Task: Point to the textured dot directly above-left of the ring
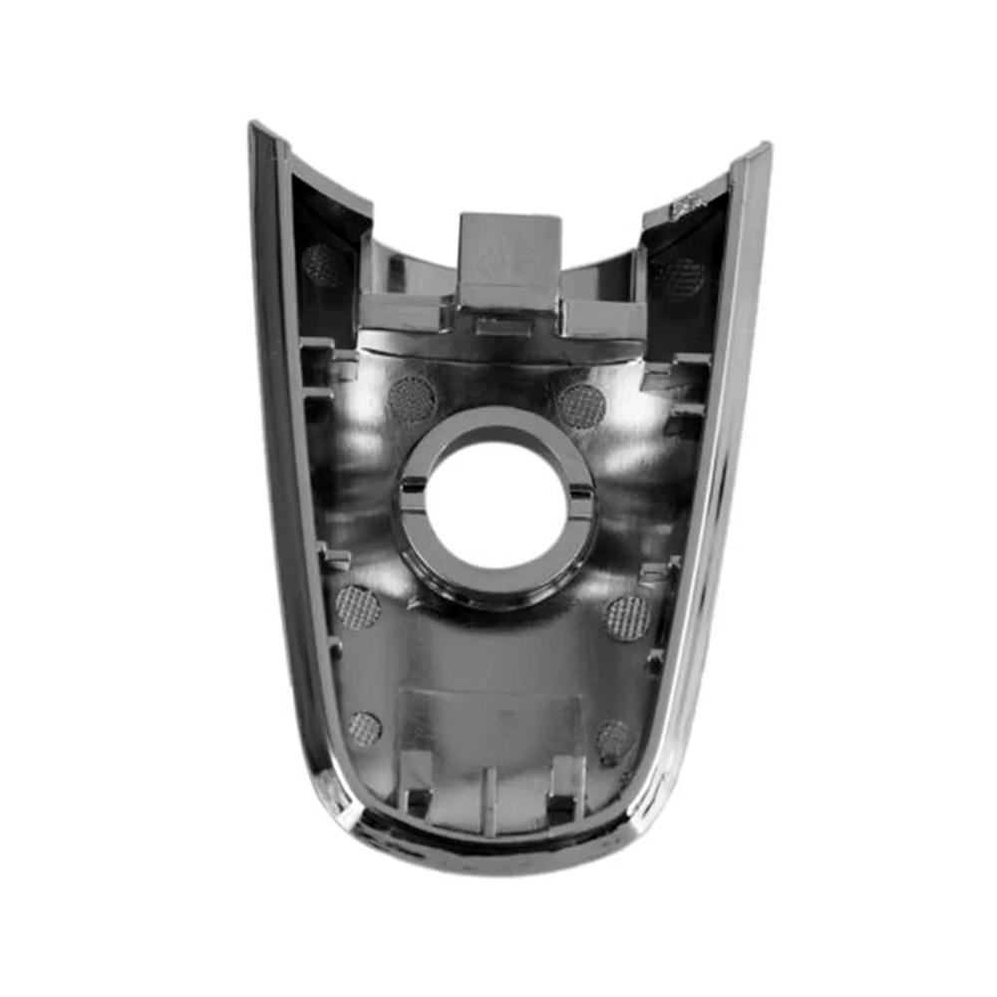[411, 398]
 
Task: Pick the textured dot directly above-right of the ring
[581, 405]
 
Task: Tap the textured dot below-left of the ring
[357, 606]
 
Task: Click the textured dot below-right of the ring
[628, 617]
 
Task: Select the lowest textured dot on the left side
[364, 729]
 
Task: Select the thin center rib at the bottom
[490, 798]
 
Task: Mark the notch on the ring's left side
[412, 491]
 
